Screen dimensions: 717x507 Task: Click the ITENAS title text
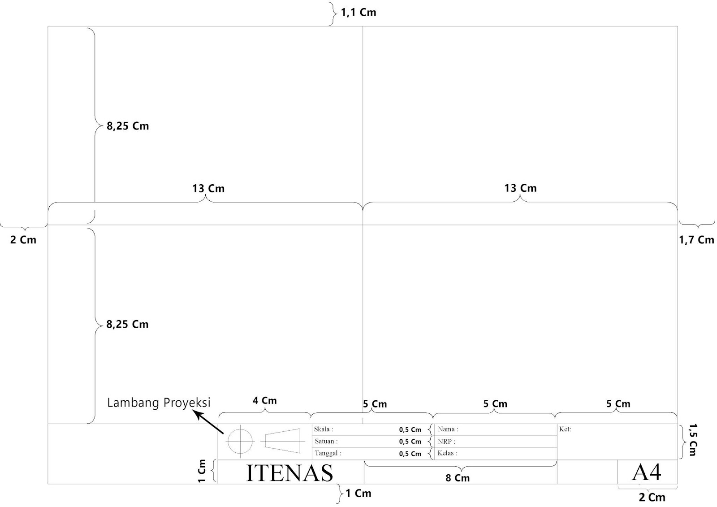pos(289,472)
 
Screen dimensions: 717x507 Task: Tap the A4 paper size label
pos(647,472)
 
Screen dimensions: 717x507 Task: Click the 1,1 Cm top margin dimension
pos(358,12)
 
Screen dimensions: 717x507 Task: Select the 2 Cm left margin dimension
pos(23,240)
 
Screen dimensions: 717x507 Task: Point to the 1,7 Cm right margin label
pos(696,240)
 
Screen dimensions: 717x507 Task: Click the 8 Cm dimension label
pos(458,478)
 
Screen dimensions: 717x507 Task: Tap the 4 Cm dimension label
pos(264,400)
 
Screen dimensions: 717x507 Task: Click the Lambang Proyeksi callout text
pos(159,403)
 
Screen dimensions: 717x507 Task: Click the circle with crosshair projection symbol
pos(241,441)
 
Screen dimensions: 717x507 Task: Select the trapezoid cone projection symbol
pos(282,441)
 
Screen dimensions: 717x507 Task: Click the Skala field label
pos(324,429)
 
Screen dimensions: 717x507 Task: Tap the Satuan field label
pos(326,441)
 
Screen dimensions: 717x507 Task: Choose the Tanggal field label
pos(328,453)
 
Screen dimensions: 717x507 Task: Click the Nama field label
pos(448,429)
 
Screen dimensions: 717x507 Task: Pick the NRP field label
pos(446,442)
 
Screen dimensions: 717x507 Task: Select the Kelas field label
pos(447,453)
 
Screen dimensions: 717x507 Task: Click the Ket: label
pos(565,429)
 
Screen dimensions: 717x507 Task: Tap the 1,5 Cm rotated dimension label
pos(693,440)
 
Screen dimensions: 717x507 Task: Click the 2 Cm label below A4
pos(652,497)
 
